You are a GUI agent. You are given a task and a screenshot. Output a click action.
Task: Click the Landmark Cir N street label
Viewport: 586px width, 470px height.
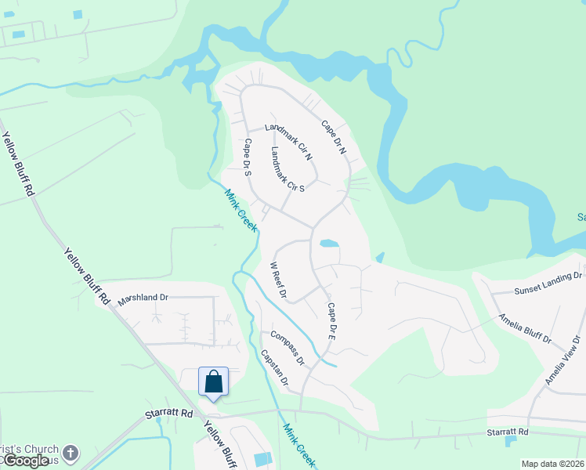pyautogui.click(x=289, y=142)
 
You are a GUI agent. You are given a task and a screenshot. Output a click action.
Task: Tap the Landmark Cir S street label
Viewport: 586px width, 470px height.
pyautogui.click(x=288, y=169)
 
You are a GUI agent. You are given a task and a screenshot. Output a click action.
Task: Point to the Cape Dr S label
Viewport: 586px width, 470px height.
pyautogui.click(x=247, y=157)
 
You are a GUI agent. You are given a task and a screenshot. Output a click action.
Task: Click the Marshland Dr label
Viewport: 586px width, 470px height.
pyautogui.click(x=143, y=298)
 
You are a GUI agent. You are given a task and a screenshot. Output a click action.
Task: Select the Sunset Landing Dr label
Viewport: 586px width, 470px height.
pyautogui.click(x=548, y=284)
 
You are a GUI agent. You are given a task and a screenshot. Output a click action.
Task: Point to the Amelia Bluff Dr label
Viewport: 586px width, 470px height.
pyautogui.click(x=525, y=328)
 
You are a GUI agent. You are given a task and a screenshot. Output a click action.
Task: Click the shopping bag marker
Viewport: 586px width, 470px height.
pyautogui.click(x=213, y=382)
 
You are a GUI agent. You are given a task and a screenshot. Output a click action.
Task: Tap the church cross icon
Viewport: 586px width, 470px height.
pyautogui.click(x=71, y=452)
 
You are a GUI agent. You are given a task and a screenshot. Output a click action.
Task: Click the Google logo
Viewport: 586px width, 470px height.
pyautogui.click(x=26, y=461)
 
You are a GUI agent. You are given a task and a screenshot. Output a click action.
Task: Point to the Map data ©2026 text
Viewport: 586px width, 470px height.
pyautogui.click(x=553, y=464)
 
